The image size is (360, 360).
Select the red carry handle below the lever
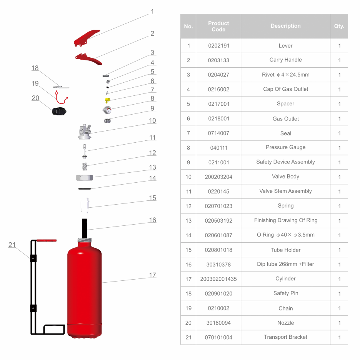click(89, 58)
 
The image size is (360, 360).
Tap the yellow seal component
click(107, 100)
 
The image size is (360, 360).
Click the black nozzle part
click(59, 111)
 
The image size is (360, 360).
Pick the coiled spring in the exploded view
click(85, 166)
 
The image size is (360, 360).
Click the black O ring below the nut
click(84, 188)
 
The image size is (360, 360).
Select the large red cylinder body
click(85, 288)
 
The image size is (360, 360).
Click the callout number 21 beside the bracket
click(12, 245)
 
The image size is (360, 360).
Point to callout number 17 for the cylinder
click(152, 275)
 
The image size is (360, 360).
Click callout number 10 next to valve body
click(152, 121)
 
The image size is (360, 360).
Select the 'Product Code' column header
click(218, 26)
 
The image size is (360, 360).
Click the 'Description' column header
click(285, 26)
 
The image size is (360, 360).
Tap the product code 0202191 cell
click(218, 46)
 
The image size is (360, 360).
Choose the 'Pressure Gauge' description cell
click(285, 147)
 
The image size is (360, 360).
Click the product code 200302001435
click(218, 279)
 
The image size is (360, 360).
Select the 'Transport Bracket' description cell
click(285, 337)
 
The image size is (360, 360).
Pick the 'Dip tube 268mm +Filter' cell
click(285, 264)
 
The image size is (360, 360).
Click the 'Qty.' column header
click(339, 26)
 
